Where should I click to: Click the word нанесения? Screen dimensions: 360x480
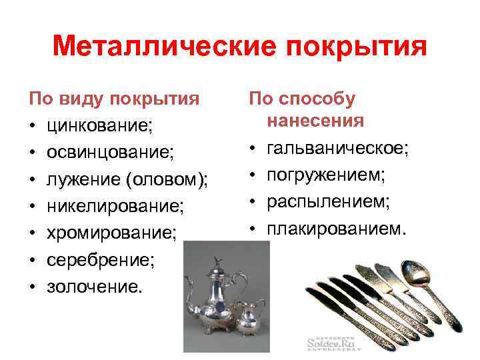tap(315, 121)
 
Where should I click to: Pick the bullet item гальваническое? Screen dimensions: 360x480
tap(337, 148)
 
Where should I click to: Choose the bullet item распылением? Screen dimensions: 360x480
tap(328, 201)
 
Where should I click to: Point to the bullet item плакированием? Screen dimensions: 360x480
tap(335, 229)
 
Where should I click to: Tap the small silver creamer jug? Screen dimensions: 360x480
tap(251, 320)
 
